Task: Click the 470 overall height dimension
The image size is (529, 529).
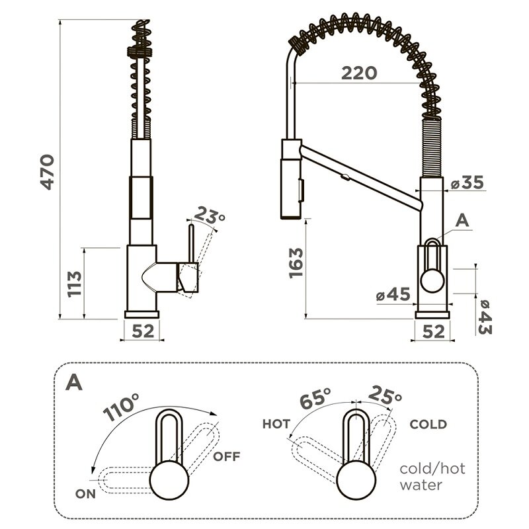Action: tap(47, 172)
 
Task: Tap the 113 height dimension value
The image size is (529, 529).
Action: tap(75, 284)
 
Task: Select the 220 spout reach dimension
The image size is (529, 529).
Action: tap(359, 73)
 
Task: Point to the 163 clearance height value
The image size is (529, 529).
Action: tap(296, 263)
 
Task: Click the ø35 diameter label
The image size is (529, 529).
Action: tap(468, 183)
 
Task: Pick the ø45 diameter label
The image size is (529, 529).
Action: tap(393, 294)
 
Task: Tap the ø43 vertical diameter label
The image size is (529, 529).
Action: tap(485, 317)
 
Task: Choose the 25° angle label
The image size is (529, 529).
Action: tap(385, 395)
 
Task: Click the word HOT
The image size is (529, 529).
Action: tap(276, 424)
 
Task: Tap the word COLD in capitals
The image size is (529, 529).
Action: tap(428, 424)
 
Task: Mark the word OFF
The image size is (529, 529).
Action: tap(227, 456)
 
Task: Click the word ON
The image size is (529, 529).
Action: tap(86, 494)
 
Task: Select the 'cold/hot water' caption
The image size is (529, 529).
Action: tap(432, 477)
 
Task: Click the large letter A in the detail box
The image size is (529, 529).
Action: tap(74, 382)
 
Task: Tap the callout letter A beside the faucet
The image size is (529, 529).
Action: tap(462, 221)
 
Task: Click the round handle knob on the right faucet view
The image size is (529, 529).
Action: tap(432, 280)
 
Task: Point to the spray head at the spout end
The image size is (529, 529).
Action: tap(292, 179)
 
